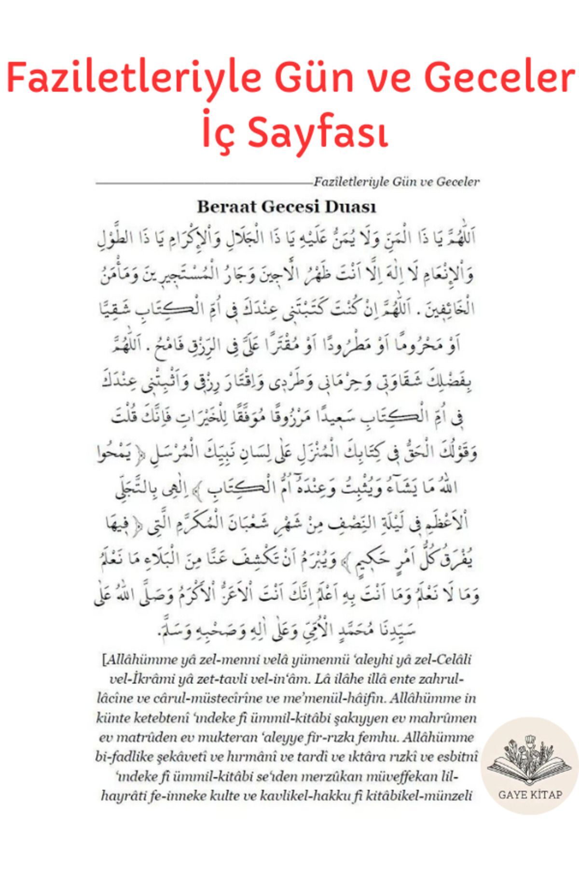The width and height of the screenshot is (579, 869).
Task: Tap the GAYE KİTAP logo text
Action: (x=530, y=795)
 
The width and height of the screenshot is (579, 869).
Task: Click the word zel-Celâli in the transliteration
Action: (x=443, y=659)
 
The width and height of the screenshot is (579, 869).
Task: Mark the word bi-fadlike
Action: (x=123, y=757)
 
